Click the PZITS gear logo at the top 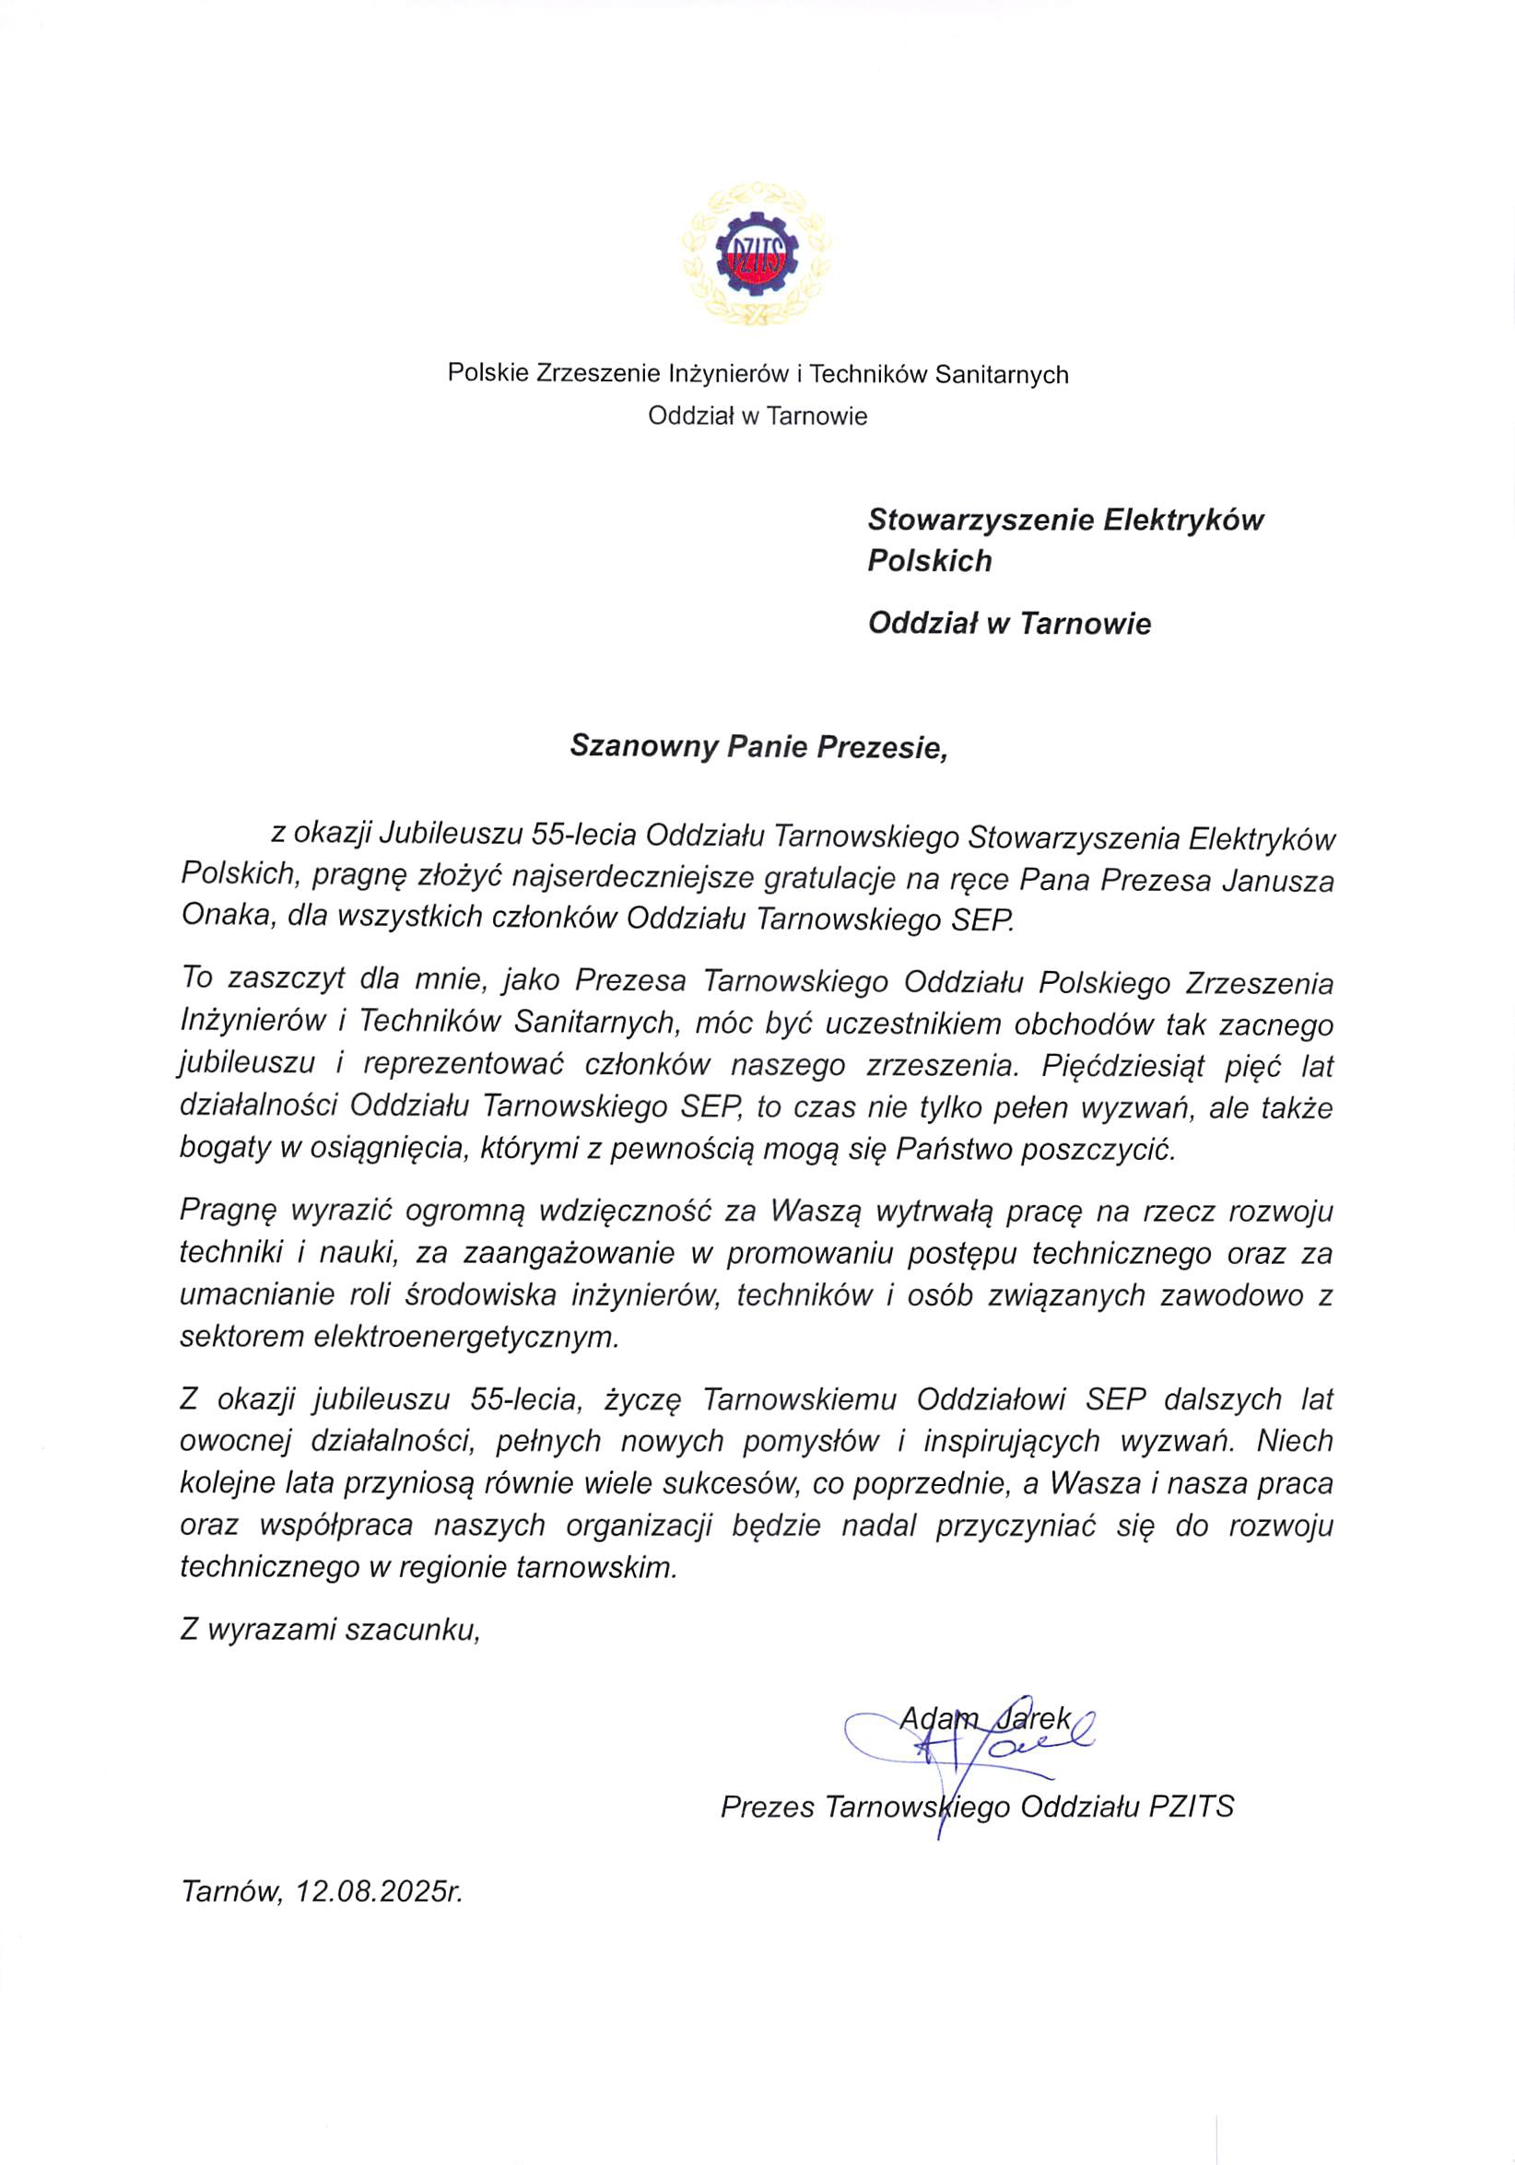click(757, 255)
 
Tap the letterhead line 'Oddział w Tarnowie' click(757, 415)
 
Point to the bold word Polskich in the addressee click(929, 561)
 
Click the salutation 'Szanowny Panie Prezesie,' click(757, 747)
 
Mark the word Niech click(1294, 1441)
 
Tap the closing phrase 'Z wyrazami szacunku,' click(330, 1630)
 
